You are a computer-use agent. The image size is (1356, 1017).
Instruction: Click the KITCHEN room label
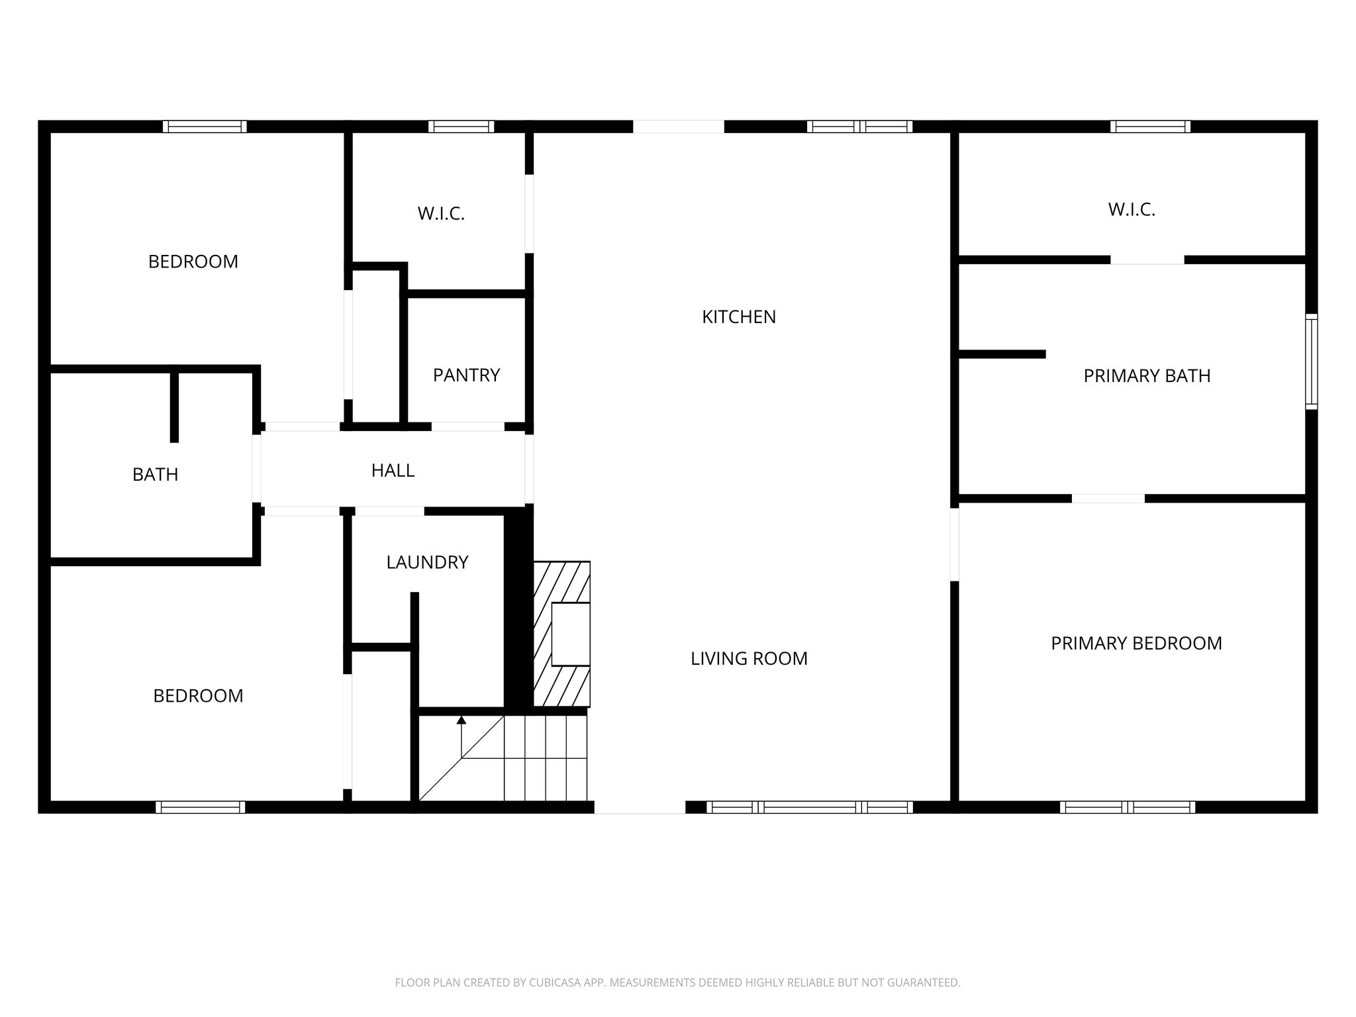738,317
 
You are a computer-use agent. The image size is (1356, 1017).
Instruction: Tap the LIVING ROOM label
749,659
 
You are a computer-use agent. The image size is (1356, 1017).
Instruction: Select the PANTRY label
466,375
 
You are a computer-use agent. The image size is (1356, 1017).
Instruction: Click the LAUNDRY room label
427,563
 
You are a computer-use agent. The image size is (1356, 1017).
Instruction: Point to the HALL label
393,471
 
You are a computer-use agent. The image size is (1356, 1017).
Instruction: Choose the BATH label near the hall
155,475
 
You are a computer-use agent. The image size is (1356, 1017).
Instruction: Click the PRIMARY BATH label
1147,376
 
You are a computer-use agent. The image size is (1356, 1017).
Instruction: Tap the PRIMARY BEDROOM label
1136,644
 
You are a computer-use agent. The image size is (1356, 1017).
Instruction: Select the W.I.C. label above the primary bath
1132,210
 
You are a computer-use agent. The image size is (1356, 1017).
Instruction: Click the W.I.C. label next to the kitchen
441,214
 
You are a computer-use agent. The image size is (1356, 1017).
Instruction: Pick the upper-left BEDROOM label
193,262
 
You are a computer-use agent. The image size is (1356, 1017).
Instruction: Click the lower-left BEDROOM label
198,696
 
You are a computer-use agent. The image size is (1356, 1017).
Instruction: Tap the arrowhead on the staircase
461,720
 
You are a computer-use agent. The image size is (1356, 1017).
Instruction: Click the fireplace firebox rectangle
570,634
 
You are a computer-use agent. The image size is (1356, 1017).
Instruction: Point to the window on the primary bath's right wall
1311,362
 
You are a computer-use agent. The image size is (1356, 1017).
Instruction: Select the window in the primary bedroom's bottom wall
1127,807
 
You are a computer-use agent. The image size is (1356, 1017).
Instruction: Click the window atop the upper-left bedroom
205,126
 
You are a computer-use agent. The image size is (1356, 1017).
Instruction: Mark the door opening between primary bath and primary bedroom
1108,499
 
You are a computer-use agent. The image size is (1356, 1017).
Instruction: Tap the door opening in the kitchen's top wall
678,126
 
